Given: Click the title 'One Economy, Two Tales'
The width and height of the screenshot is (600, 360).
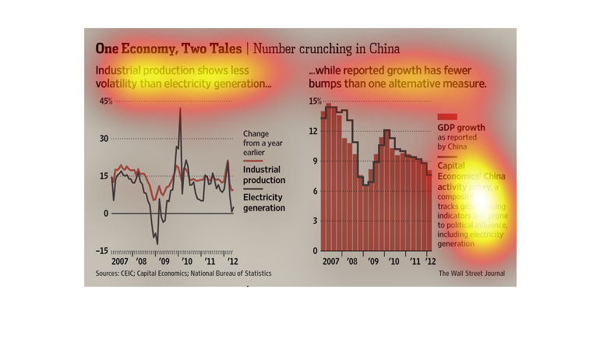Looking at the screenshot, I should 168,48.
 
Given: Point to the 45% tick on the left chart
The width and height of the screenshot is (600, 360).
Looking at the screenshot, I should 105,101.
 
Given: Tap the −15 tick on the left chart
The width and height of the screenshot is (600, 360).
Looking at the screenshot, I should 102,251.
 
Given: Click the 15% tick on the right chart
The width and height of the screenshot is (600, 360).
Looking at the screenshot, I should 314,101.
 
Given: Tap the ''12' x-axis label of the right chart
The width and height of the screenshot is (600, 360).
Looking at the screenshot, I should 429,262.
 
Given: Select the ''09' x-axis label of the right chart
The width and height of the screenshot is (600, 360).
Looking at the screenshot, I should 373,262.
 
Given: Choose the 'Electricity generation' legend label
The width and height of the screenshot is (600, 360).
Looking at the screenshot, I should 263,203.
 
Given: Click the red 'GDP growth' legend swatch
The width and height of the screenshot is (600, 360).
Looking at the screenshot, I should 447,116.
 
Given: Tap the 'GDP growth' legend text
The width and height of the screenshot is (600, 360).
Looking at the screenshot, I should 461,128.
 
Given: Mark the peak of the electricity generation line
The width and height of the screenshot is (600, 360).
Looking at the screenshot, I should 180,108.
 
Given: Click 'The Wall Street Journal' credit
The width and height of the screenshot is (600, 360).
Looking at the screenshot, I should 471,274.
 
